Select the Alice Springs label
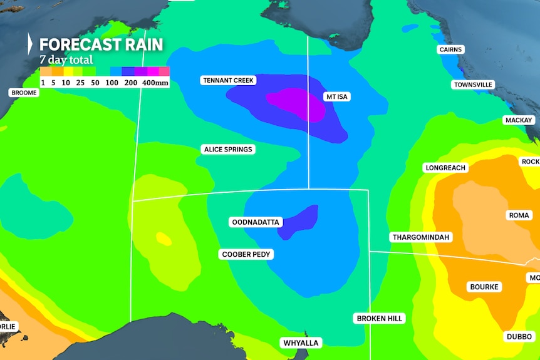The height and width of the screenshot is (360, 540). pos(228,149)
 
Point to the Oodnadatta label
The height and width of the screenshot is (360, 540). pos(256,222)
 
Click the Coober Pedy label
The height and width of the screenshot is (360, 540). pos(246,254)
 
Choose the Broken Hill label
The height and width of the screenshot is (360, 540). pos(379,318)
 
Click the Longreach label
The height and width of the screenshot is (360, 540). pos(445,168)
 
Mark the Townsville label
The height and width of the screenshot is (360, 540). pos(473,85)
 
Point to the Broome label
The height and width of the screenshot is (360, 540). pos(24,93)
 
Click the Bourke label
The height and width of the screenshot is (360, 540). pos(484,287)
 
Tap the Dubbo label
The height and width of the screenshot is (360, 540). pos(519,336)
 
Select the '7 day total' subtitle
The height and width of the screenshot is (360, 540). pos(66,60)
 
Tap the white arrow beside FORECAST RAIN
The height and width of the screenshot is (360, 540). pos(29,44)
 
